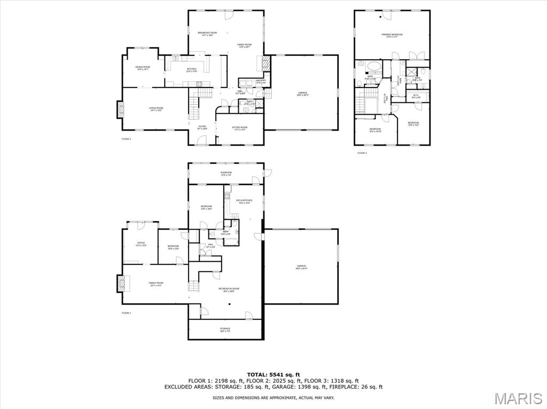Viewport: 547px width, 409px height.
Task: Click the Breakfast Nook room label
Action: point(207,34)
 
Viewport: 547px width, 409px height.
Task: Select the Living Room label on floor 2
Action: point(156,109)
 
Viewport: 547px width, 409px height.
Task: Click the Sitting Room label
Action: point(239,129)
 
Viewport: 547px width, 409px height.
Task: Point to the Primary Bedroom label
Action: point(392,35)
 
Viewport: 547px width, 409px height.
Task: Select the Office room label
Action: point(141,244)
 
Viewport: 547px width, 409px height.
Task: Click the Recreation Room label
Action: point(229,290)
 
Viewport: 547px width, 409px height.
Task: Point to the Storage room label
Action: point(225,330)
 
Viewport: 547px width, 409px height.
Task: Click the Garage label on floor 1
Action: point(301,267)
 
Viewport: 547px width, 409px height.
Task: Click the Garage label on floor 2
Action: point(302,94)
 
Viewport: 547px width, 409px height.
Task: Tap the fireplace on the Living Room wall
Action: point(120,110)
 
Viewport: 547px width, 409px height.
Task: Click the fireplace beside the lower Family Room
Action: point(120,283)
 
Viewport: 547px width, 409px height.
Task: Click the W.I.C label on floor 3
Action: point(416,97)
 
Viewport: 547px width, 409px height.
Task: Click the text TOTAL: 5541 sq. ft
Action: point(273,374)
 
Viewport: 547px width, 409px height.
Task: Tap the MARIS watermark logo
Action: point(518,398)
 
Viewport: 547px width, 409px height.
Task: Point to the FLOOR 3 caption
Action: point(362,153)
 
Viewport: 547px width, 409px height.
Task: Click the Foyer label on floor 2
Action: point(202,127)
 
